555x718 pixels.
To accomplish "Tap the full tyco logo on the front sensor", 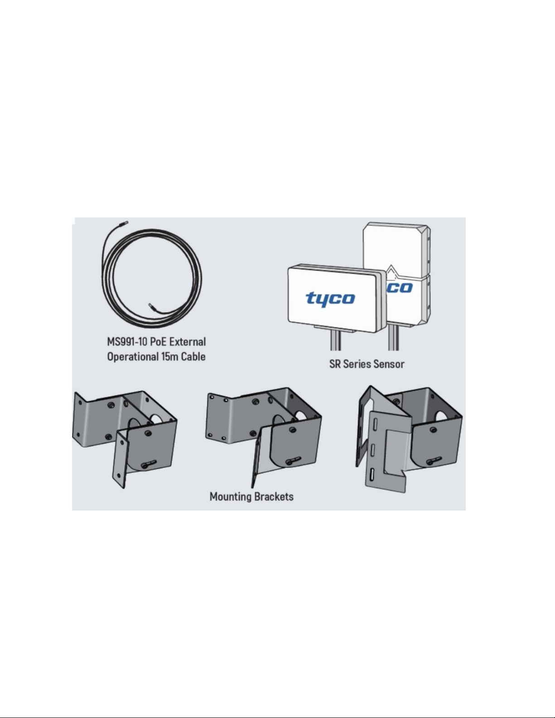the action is point(330,299).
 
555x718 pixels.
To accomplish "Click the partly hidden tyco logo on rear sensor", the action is point(400,288).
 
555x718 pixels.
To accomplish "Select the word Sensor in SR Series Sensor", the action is point(388,364).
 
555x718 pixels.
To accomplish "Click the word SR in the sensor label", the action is point(335,364).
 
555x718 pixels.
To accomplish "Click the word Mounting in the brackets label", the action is point(230,496).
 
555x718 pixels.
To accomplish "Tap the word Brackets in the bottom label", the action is point(273,496).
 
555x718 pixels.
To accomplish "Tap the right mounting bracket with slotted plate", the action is point(408,435).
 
